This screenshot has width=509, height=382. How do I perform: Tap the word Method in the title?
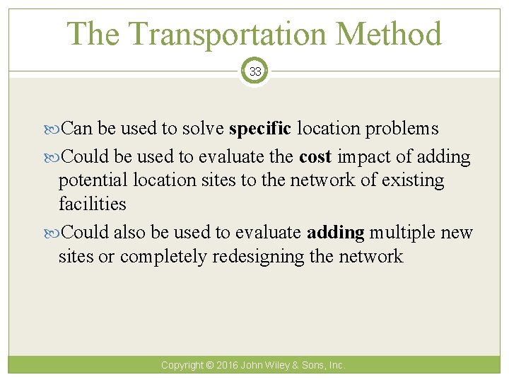(x=392, y=35)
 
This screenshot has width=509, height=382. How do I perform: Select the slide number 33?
(x=255, y=71)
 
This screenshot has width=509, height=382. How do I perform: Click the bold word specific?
(x=259, y=129)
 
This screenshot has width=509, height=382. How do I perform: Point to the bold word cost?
(x=315, y=156)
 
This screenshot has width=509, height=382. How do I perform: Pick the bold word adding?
(x=336, y=231)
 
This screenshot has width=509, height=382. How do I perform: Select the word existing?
(x=413, y=180)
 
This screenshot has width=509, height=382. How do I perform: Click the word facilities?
(x=92, y=204)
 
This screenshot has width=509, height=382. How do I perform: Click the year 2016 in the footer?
(x=228, y=366)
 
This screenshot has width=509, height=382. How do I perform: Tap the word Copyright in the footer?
(x=182, y=366)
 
